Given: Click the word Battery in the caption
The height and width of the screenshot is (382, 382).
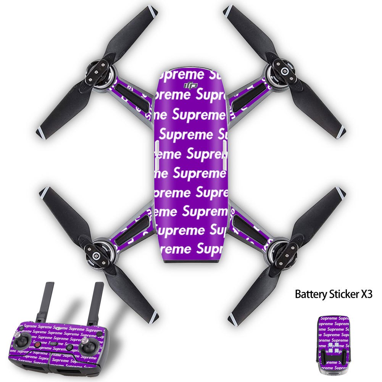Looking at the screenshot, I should tap(309, 294).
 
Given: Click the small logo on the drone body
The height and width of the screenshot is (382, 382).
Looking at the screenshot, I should tap(190, 86).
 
